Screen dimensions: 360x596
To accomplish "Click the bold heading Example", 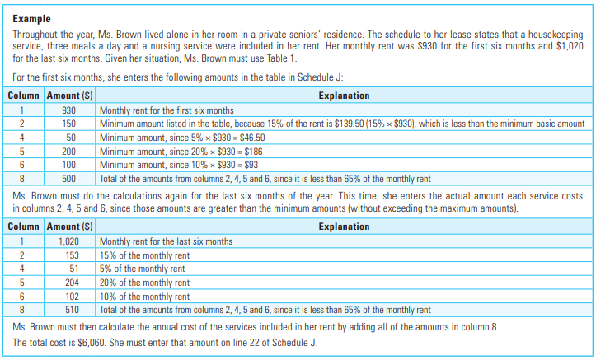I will (x=32, y=18).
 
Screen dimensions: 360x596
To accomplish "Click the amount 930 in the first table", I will (x=69, y=110).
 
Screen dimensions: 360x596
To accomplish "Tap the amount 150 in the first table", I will (x=69, y=124).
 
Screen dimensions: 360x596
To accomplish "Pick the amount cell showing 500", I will (x=69, y=179).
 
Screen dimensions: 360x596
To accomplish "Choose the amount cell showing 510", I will (x=69, y=311).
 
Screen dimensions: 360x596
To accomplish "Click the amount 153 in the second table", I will (x=69, y=255).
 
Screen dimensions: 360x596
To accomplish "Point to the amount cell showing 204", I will (x=69, y=283).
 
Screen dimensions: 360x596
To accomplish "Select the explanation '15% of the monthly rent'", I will (x=145, y=255).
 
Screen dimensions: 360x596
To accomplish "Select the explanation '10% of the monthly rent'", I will (x=145, y=297).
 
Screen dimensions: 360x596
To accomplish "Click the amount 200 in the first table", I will (x=69, y=152).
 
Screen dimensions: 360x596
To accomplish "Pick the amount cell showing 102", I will (x=69, y=297).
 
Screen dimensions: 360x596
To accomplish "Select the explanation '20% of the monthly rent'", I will (x=145, y=283).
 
